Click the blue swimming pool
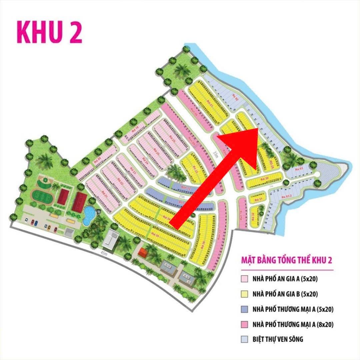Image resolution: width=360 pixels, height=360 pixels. (88, 216)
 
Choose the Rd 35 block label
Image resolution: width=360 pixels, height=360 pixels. (155, 234)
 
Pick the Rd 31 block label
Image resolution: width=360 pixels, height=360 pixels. (261, 199)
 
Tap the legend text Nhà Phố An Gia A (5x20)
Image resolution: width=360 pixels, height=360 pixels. (285, 279)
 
